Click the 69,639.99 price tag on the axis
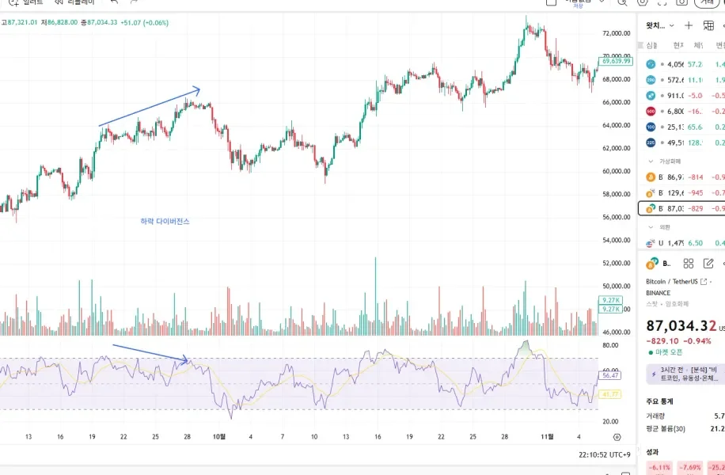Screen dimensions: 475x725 coord(616,61)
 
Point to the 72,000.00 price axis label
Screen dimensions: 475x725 coord(616,33)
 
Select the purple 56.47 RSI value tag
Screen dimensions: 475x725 coord(610,375)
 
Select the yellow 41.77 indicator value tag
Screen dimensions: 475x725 coord(610,393)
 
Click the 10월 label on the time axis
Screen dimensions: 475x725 coord(219,436)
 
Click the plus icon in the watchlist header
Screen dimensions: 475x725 coord(689,25)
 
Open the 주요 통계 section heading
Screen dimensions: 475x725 coord(659,401)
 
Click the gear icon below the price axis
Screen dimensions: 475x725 coord(617,436)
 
